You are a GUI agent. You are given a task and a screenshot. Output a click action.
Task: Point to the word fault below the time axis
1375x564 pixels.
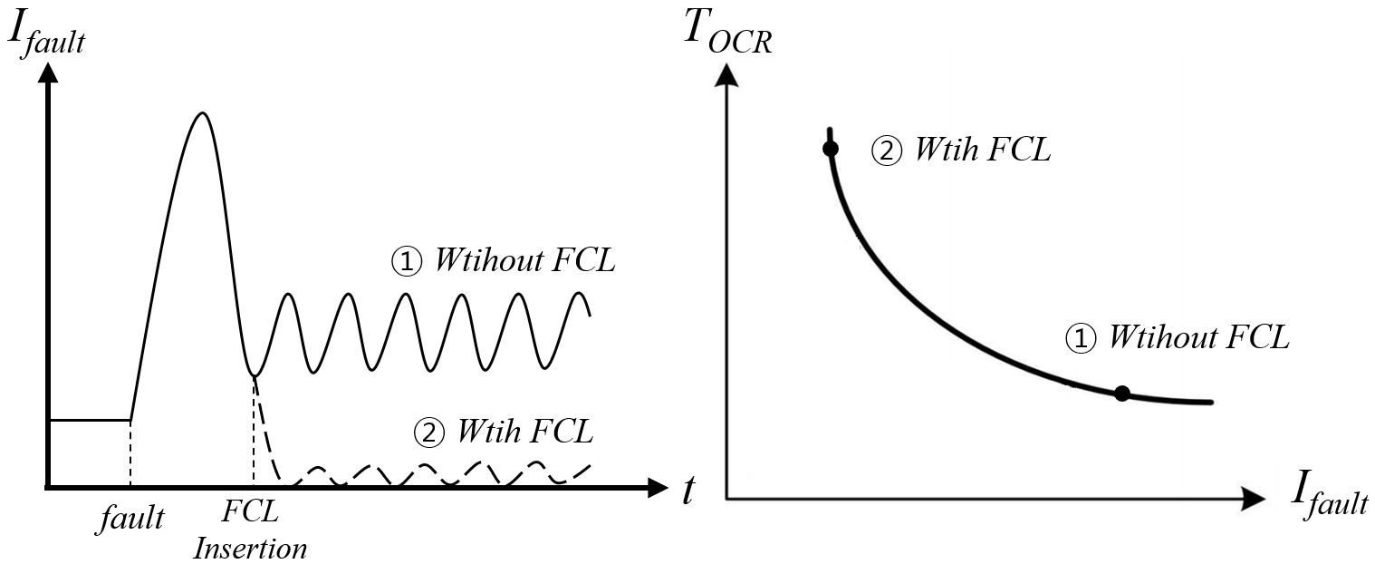pyautogui.click(x=132, y=518)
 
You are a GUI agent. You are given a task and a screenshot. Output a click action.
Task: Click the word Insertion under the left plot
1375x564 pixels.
pyautogui.click(x=251, y=549)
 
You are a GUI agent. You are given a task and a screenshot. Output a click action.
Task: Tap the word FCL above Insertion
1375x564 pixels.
pyautogui.click(x=250, y=512)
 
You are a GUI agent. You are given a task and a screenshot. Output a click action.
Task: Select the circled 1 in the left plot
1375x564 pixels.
pyautogui.click(x=407, y=262)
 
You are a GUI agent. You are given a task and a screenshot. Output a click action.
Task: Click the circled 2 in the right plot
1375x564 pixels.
pyautogui.click(x=886, y=151)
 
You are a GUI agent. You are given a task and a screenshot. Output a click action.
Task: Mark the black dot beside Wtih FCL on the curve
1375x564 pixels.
pyautogui.click(x=829, y=149)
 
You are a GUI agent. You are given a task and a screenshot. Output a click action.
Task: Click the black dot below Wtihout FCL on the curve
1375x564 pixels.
pyautogui.click(x=1122, y=394)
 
